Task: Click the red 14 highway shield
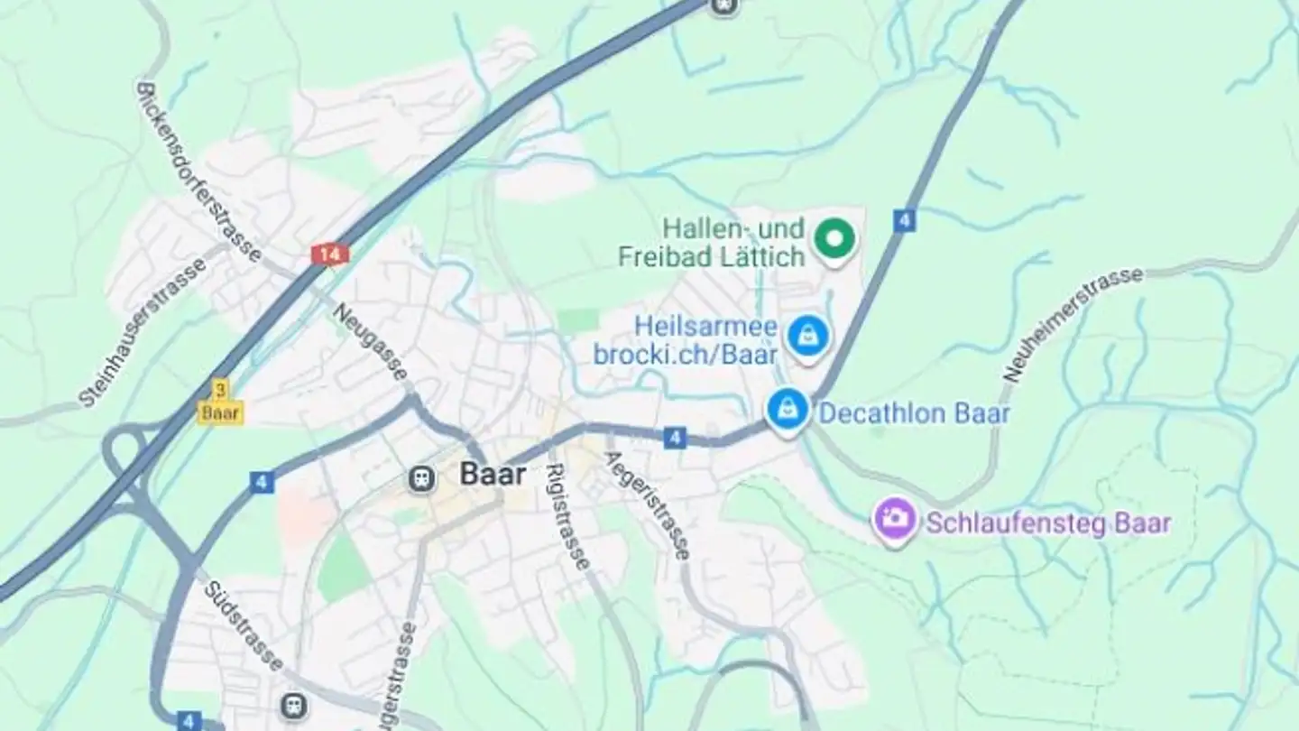click(x=330, y=254)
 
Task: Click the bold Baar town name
click(x=493, y=475)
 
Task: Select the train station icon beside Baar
click(x=420, y=479)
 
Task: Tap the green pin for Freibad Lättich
click(x=834, y=238)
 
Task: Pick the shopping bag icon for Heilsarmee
click(x=807, y=337)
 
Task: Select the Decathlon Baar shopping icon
click(x=788, y=410)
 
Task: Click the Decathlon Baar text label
click(x=913, y=414)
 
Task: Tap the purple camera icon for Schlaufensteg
click(x=894, y=519)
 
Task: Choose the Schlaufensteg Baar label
click(x=1048, y=523)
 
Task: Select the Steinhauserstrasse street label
click(x=143, y=331)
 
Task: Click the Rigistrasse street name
click(x=568, y=515)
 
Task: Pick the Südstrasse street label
click(x=243, y=625)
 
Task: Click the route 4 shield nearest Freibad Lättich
click(x=905, y=221)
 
